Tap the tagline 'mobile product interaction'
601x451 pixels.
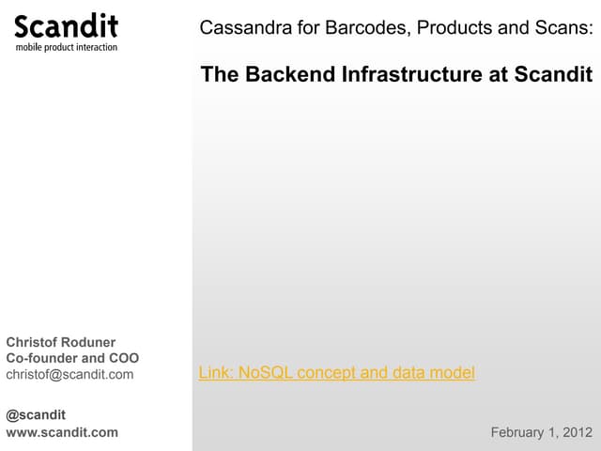[x=67, y=47]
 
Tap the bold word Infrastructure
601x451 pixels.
[x=412, y=74]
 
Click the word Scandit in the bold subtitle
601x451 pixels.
[x=553, y=74]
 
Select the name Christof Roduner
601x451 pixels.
[x=60, y=342]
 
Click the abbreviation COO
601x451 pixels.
[x=124, y=358]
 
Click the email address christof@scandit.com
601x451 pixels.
[x=69, y=374]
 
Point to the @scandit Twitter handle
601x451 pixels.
[x=36, y=415]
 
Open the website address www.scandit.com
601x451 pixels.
[x=62, y=432]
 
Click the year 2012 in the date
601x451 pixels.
[x=578, y=432]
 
